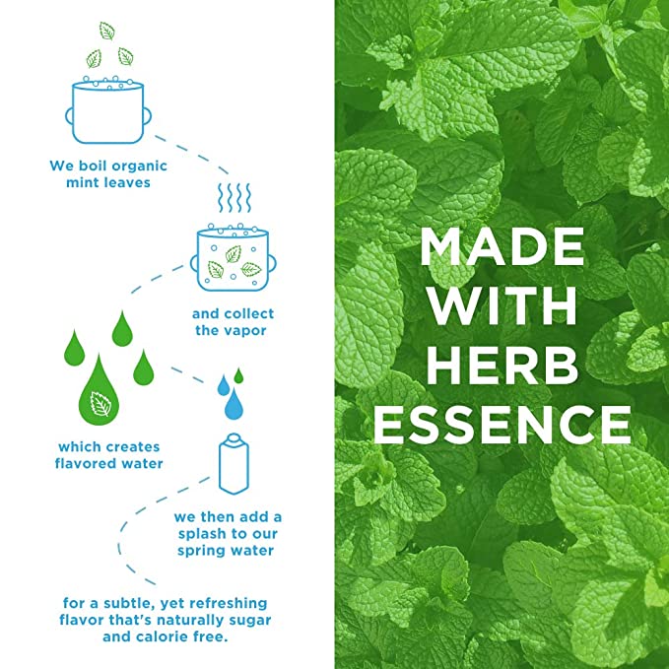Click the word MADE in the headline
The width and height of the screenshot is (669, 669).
502,246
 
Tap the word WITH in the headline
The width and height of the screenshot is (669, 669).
502,305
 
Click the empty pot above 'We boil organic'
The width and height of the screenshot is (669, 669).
108,111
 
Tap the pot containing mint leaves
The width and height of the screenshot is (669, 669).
233,258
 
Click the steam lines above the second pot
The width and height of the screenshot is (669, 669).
234,197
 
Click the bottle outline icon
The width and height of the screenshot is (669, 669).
234,464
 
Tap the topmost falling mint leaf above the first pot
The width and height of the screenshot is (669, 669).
106,32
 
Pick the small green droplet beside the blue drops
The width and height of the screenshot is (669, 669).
238,375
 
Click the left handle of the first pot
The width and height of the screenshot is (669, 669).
69,116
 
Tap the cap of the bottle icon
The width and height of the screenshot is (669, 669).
234,437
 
